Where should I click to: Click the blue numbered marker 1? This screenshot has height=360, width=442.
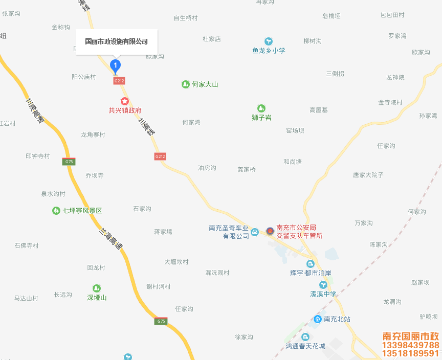coord(116,65)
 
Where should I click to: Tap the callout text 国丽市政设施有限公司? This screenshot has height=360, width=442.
coord(116,41)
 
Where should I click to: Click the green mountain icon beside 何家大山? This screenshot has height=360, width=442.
coord(186,84)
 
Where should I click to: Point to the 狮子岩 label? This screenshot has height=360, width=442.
coord(261,118)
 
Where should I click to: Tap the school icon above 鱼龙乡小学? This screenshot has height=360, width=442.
coord(269,41)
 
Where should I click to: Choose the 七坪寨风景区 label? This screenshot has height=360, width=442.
coord(82,211)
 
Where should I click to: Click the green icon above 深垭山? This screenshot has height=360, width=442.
coord(97,288)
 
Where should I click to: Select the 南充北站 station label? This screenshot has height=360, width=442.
coord(337,319)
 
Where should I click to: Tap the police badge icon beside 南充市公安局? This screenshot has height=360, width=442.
coord(270,231)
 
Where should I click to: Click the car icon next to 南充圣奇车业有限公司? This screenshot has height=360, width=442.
coord(254,235)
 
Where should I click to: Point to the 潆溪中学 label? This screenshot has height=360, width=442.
coord(323,294)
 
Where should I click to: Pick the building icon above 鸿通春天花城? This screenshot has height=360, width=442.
coord(305,337)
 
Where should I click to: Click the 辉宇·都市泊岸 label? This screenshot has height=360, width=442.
coord(311,273)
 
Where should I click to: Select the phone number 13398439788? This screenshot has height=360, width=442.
coord(410,345)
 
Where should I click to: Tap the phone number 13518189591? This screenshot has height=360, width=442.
coord(410,353)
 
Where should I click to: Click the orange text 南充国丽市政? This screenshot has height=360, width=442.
coord(410,336)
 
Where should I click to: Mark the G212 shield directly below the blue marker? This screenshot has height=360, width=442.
coord(119,81)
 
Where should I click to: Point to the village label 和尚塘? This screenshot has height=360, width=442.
coord(293,162)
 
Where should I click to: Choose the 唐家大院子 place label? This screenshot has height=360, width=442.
coord(368,175)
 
